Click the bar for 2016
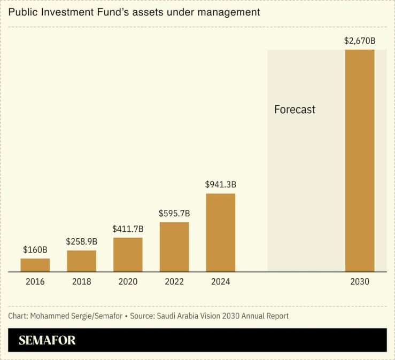(x=35, y=265)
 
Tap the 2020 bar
(x=128, y=254)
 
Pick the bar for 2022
(x=174, y=247)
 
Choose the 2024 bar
(x=220, y=232)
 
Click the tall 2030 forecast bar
(x=359, y=160)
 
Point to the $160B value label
(x=35, y=249)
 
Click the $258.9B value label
(x=81, y=241)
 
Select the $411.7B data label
(x=128, y=229)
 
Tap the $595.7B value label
(x=174, y=213)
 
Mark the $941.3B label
(x=220, y=184)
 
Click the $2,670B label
(x=360, y=41)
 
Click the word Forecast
(x=295, y=109)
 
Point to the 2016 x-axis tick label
(x=35, y=281)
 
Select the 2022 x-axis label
(x=174, y=281)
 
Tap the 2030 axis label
(x=360, y=281)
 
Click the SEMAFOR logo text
(x=47, y=340)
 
